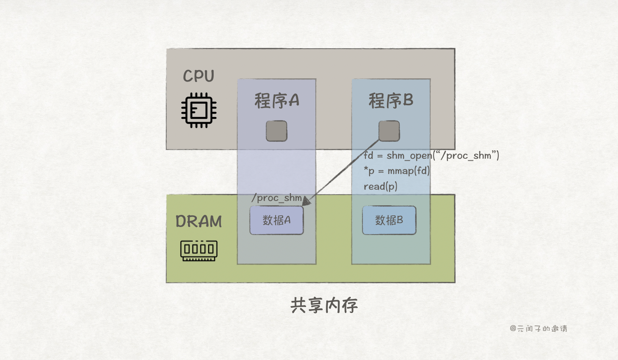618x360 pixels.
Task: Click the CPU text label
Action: click(198, 76)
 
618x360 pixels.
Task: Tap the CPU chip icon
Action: click(199, 110)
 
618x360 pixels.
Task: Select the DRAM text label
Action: click(198, 221)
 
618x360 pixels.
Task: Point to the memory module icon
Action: click(199, 251)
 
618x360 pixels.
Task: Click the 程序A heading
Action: click(277, 100)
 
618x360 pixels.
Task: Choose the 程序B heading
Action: click(391, 100)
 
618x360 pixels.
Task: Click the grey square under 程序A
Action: click(276, 131)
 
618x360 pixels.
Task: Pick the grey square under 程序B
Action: click(389, 131)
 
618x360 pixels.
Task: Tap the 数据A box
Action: click(276, 220)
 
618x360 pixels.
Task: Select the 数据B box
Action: click(389, 220)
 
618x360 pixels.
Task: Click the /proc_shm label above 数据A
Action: click(276, 198)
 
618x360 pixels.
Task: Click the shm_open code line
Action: click(431, 155)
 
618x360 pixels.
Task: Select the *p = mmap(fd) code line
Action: click(397, 171)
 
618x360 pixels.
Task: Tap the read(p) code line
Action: click(380, 186)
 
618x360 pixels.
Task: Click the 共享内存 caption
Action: click(324, 305)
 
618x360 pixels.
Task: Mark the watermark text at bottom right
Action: click(538, 329)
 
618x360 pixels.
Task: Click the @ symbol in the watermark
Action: click(513, 329)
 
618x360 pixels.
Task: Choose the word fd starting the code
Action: click(368, 155)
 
